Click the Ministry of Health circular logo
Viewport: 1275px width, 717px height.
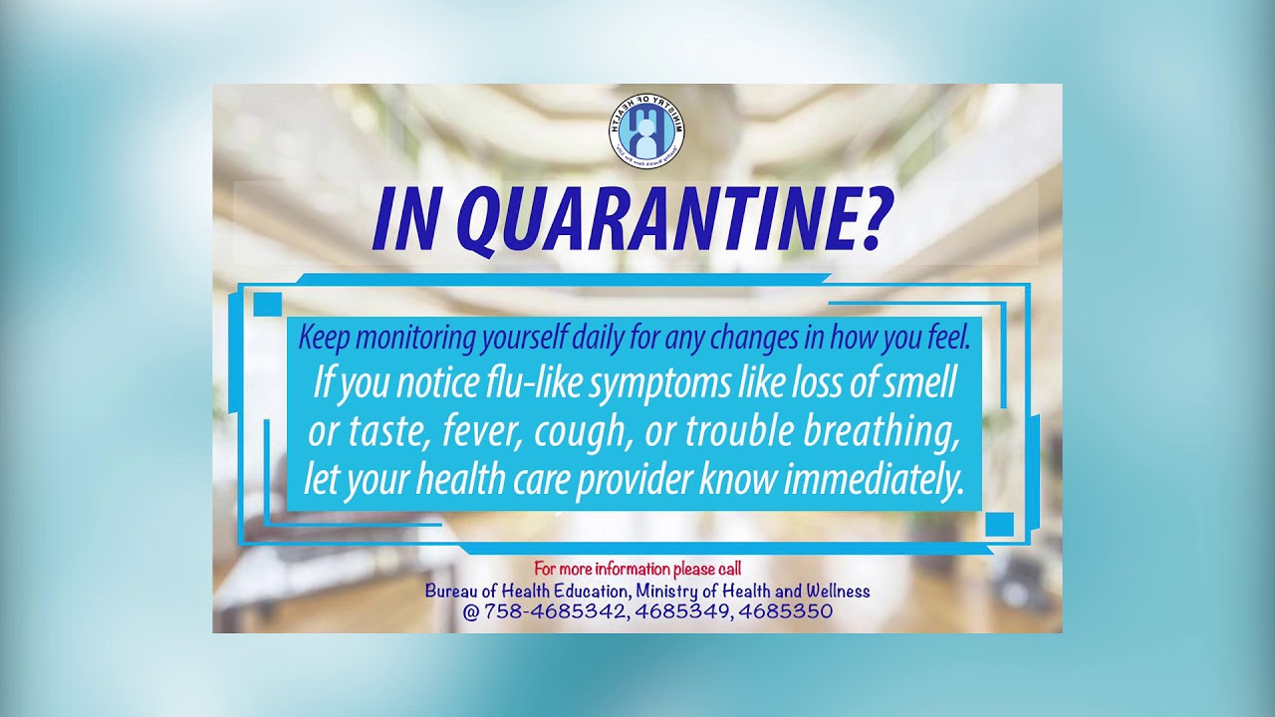tap(646, 130)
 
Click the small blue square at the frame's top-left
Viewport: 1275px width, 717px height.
tap(268, 304)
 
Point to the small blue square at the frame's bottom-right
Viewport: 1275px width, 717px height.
tap(999, 524)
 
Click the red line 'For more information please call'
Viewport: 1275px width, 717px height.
tap(637, 569)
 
